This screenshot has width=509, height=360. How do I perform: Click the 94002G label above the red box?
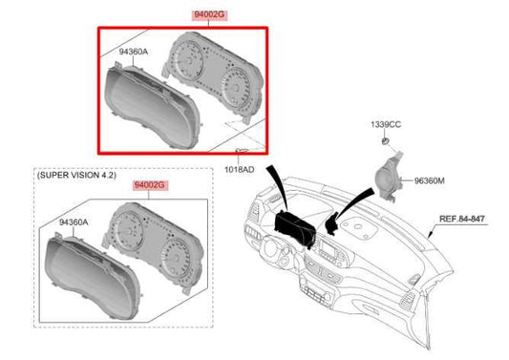pyautogui.click(x=209, y=14)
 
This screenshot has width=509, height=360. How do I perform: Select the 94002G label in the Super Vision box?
pyautogui.click(x=150, y=185)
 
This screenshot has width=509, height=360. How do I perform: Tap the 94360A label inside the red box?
pyautogui.click(x=133, y=52)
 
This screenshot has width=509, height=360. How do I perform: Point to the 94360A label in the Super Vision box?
pyautogui.click(x=74, y=222)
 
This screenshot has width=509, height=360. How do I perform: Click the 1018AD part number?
pyautogui.click(x=240, y=169)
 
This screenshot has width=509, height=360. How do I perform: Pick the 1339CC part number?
pyautogui.click(x=386, y=125)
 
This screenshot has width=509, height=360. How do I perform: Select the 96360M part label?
pyautogui.click(x=429, y=180)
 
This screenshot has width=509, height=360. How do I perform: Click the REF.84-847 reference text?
pyautogui.click(x=461, y=219)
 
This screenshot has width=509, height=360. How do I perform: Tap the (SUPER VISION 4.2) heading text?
pyautogui.click(x=76, y=175)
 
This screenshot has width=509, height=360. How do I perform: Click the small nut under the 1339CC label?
pyautogui.click(x=385, y=141)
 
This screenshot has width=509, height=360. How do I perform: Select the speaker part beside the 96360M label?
pyautogui.click(x=389, y=176)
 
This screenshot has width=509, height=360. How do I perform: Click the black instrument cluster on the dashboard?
pyautogui.click(x=295, y=228)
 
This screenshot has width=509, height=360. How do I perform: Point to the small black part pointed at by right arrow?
pyautogui.click(x=330, y=225)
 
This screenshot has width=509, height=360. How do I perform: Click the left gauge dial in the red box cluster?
pyautogui.click(x=188, y=59)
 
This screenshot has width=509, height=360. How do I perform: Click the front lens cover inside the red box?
pyautogui.click(x=152, y=107)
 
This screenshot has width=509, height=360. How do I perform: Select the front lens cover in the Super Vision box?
pyautogui.click(x=93, y=277)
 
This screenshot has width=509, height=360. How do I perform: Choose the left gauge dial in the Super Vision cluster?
pyautogui.click(x=128, y=229)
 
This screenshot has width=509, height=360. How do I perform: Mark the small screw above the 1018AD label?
pyautogui.click(x=242, y=150)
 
